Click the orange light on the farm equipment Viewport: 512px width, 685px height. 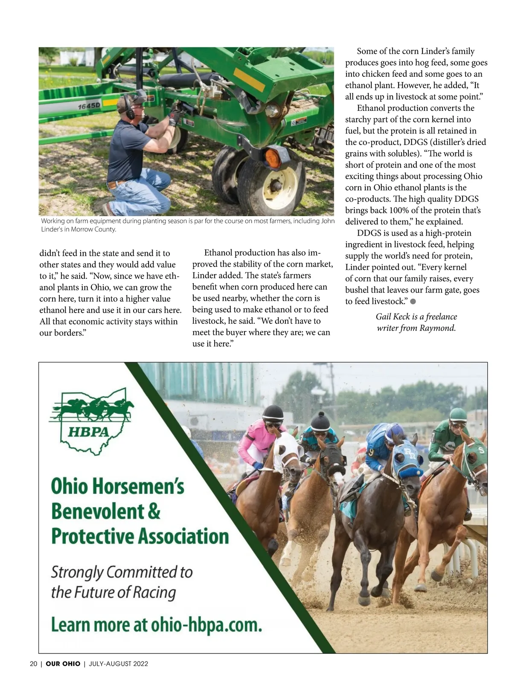tap(273, 157)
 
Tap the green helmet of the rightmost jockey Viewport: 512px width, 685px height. tap(458, 414)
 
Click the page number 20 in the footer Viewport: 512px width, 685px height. tap(33, 664)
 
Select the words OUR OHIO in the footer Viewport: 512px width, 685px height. tap(63, 664)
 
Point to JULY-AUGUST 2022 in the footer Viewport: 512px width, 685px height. tap(118, 664)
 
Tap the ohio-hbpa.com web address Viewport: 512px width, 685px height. tap(206, 625)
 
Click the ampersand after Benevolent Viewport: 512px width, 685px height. tap(154, 511)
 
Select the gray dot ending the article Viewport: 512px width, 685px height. tap(413, 302)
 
